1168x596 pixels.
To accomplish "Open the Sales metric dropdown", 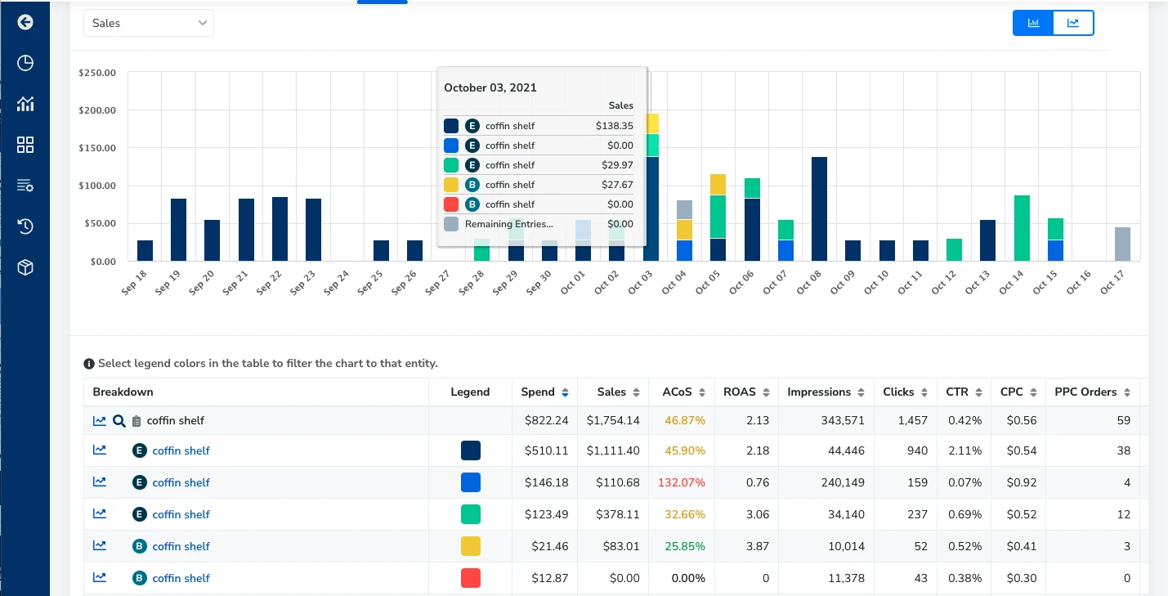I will pyautogui.click(x=149, y=23).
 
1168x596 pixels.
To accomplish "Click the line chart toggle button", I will pyautogui.click(x=1073, y=23).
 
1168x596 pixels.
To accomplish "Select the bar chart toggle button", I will pyautogui.click(x=1033, y=23).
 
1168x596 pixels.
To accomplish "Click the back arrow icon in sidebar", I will pyautogui.click(x=25, y=22).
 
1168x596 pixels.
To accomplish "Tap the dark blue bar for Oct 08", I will pyautogui.click(x=819, y=208).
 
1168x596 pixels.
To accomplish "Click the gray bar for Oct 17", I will pyautogui.click(x=1122, y=244).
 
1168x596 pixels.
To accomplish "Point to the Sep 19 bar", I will pyautogui.click(x=178, y=230).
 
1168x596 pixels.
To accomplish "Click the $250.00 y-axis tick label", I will pyautogui.click(x=97, y=73).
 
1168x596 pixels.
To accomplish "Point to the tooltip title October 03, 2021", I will pyautogui.click(x=490, y=87).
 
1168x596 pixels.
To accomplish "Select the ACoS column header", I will pyautogui.click(x=678, y=392).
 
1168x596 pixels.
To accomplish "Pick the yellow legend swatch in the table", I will pyautogui.click(x=470, y=546).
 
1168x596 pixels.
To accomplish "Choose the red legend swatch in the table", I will pyautogui.click(x=470, y=578).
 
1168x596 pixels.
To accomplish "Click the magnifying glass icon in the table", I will pyautogui.click(x=119, y=421).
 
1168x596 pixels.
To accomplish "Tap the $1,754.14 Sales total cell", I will pyautogui.click(x=613, y=420).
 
